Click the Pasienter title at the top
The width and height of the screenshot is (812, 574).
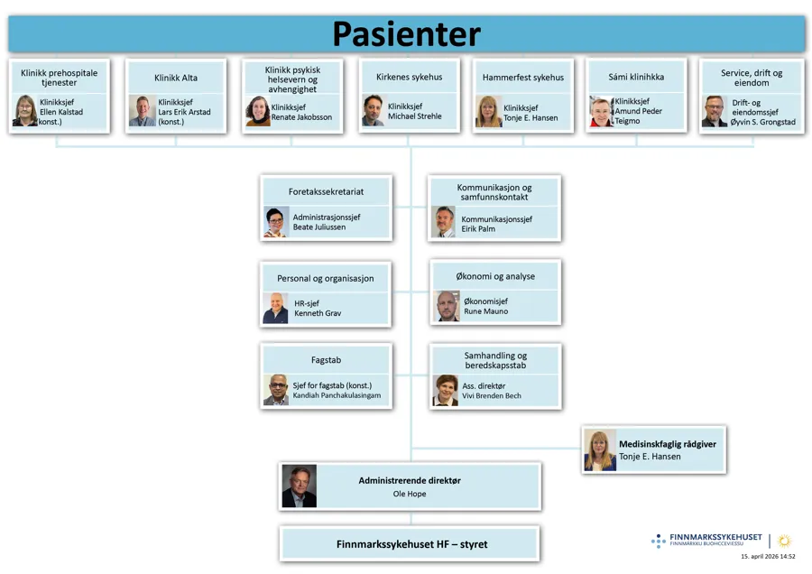[406, 33]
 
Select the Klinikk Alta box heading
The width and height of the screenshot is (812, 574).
[176, 78]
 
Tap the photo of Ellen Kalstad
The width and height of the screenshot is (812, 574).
[24, 111]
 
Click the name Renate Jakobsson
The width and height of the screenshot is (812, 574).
[301, 117]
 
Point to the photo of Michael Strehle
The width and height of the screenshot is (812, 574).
[373, 110]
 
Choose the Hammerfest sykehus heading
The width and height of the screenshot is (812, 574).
[522, 78]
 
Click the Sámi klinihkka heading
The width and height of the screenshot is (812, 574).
[636, 77]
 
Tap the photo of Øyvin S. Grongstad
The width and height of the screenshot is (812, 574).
[715, 111]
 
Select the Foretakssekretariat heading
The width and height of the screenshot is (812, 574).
[327, 192]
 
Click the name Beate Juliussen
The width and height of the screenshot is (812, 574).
[319, 227]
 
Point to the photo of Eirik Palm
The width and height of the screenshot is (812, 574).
[443, 222]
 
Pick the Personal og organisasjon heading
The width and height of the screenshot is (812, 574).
[326, 278]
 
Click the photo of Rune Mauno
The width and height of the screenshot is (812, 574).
[448, 306]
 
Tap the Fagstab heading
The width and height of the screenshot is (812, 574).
[326, 359]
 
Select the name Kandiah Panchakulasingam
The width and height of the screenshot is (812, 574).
[337, 395]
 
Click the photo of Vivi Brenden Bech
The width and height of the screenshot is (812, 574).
[446, 390]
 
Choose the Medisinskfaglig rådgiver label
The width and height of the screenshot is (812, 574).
[667, 443]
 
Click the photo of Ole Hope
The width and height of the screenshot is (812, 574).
[299, 486]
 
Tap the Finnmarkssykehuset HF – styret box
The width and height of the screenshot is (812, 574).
[411, 544]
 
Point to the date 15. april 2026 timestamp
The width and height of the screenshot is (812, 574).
[768, 557]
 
